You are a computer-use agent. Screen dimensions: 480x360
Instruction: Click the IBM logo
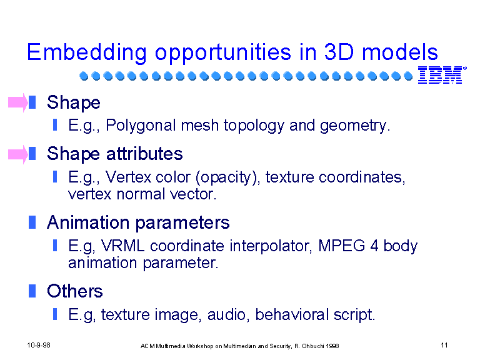[x=442, y=75]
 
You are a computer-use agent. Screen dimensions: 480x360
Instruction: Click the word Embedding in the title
[x=87, y=52]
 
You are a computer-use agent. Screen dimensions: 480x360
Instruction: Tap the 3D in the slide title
[x=339, y=52]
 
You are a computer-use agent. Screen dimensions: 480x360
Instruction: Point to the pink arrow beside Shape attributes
[x=18, y=154]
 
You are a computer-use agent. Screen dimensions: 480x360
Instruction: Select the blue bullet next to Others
[x=32, y=291]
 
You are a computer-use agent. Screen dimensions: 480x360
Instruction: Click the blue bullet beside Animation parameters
[x=32, y=222]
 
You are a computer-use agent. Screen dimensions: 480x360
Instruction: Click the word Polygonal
[x=141, y=126]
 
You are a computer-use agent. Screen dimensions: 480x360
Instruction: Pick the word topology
[x=254, y=126]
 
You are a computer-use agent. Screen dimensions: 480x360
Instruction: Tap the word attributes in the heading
[x=144, y=153]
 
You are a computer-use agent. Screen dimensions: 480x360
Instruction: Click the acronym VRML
[x=122, y=246]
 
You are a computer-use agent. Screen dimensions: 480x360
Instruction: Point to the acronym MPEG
[x=342, y=246]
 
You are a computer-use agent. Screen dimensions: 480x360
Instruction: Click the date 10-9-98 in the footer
[x=39, y=345]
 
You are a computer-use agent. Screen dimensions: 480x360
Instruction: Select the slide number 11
[x=444, y=345]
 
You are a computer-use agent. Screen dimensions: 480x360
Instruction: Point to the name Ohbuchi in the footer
[x=313, y=346]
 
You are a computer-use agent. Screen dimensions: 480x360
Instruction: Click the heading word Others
[x=75, y=291]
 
